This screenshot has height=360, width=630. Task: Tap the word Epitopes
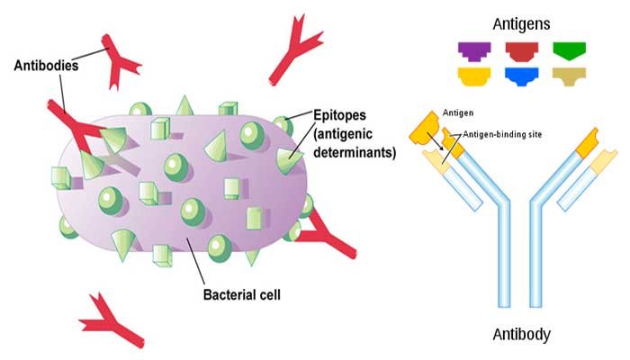coord(340,118)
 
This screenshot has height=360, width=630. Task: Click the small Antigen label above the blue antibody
coord(456,112)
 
